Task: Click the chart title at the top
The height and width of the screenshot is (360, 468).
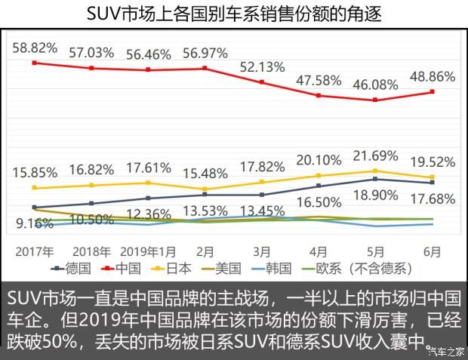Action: pyautogui.click(x=234, y=13)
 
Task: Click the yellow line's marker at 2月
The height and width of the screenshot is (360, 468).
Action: pyautogui.click(x=205, y=189)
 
